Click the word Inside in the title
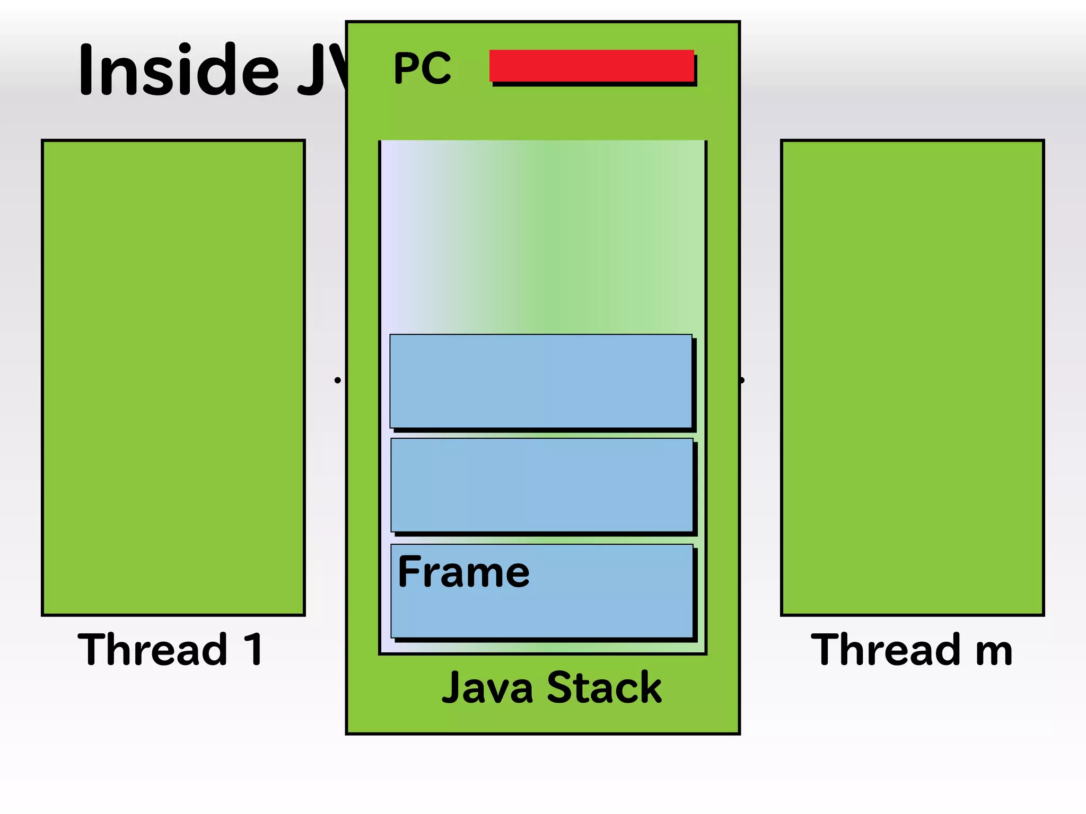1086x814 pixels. pyautogui.click(x=178, y=70)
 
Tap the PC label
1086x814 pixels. pyautogui.click(x=422, y=68)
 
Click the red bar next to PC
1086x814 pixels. pyautogui.click(x=591, y=65)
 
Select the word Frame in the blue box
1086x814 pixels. pyautogui.click(x=463, y=572)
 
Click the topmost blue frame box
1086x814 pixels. pyautogui.click(x=540, y=380)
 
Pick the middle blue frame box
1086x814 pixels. pyautogui.click(x=541, y=484)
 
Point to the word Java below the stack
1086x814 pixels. pyautogui.click(x=487, y=688)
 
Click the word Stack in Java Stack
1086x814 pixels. pyautogui.click(x=604, y=688)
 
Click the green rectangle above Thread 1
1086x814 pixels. pyautogui.click(x=173, y=377)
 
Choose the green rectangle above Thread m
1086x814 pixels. pyautogui.click(x=912, y=377)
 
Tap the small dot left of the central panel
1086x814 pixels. pyautogui.click(x=337, y=380)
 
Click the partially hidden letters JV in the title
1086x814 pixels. pyautogui.click(x=321, y=70)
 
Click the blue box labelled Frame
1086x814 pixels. pyautogui.click(x=541, y=604)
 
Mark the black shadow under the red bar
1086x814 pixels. pyautogui.click(x=594, y=84)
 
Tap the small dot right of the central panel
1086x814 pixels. pyautogui.click(x=742, y=380)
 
